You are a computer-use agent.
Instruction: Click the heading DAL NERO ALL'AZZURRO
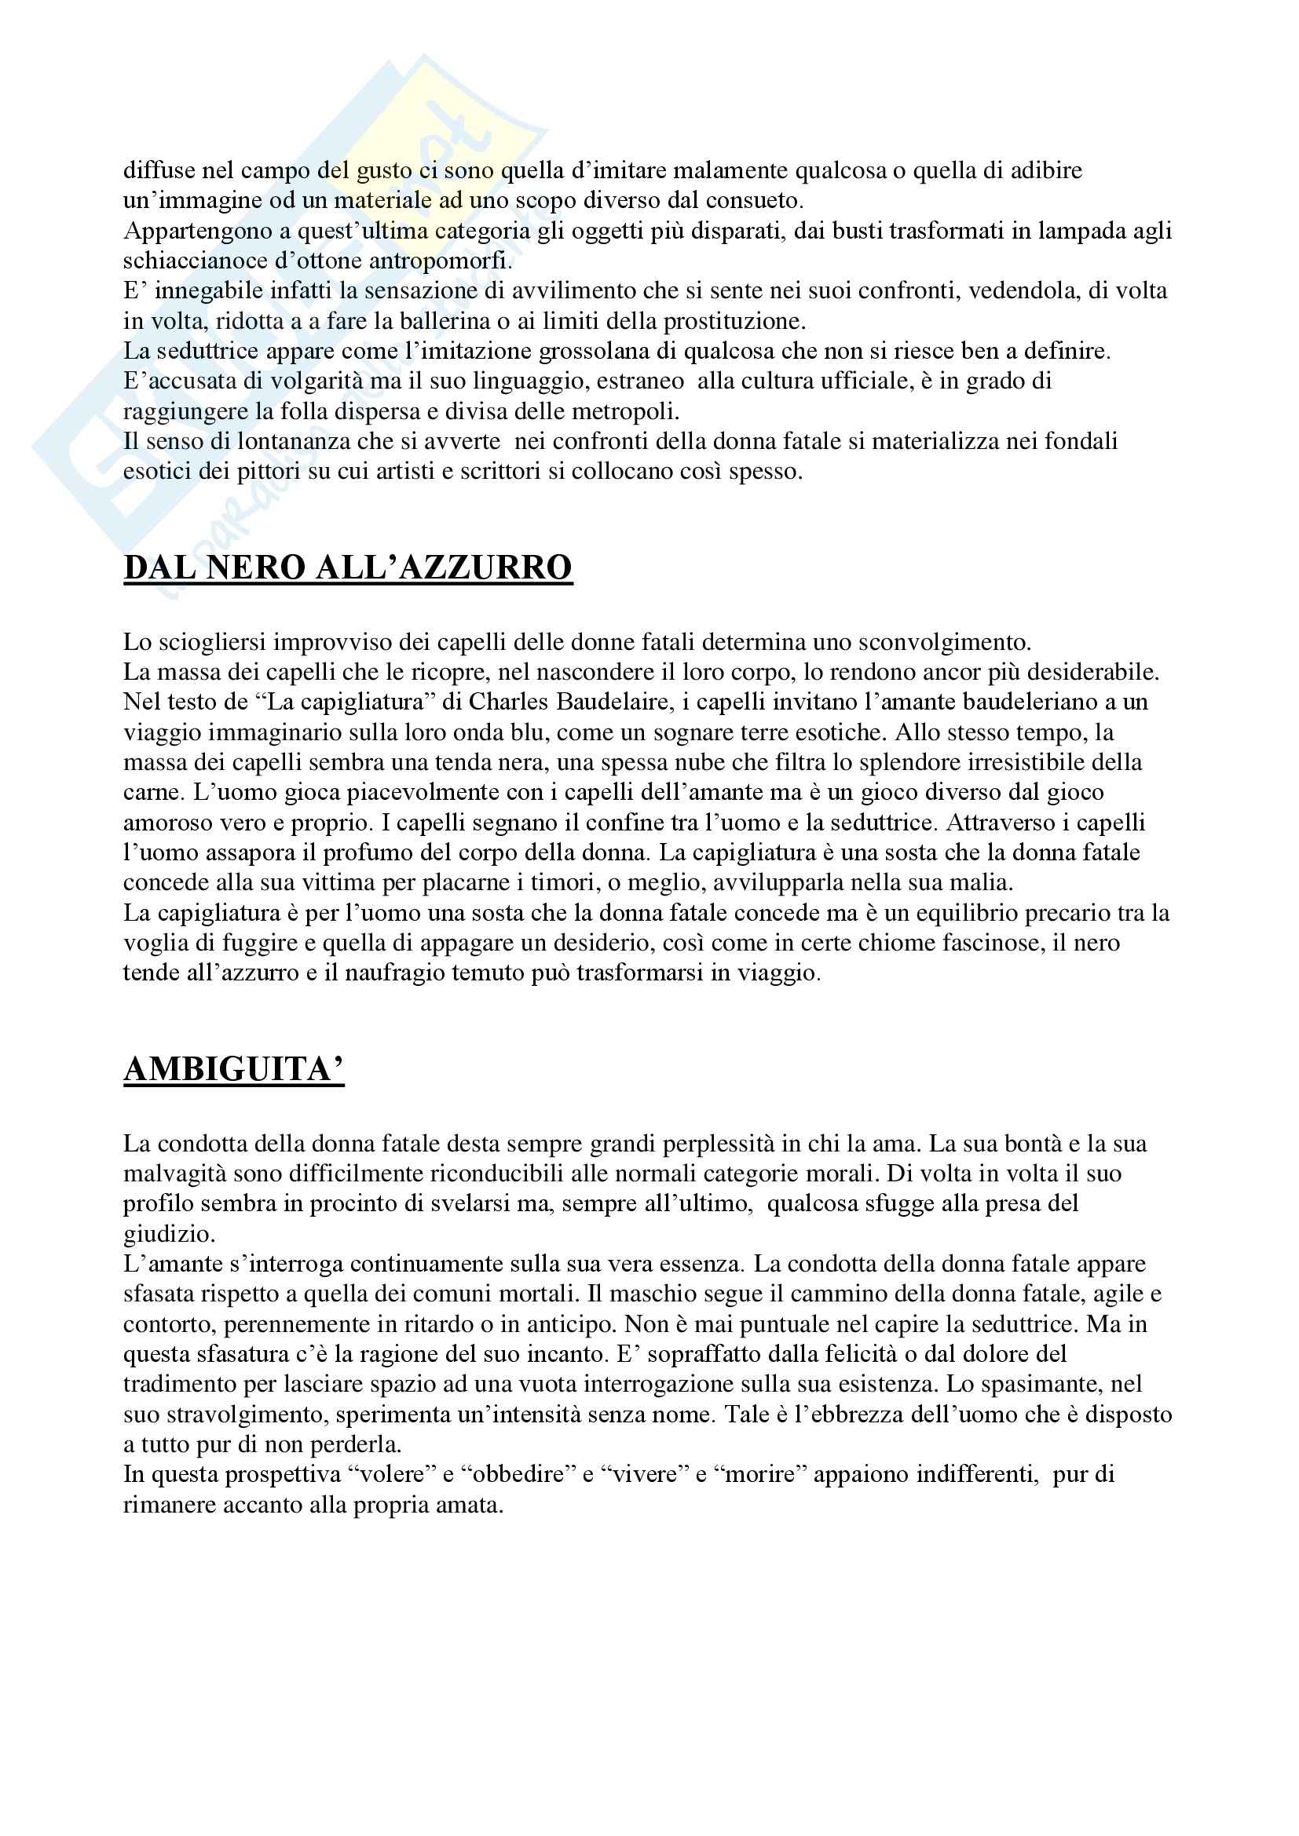coord(347,568)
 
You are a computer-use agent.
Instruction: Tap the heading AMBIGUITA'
coord(233,1070)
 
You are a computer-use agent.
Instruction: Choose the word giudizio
coord(169,1234)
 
